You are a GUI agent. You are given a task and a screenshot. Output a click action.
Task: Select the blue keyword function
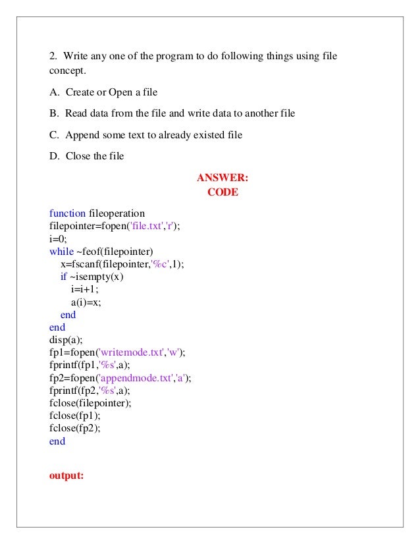[x=67, y=213]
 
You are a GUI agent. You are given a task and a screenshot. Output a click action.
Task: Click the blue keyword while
[x=61, y=251]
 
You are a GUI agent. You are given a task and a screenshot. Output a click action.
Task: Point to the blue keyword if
[x=64, y=277]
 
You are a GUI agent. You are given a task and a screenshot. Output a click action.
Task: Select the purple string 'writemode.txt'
[x=126, y=352]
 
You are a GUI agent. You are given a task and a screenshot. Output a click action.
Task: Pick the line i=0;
[x=58, y=238]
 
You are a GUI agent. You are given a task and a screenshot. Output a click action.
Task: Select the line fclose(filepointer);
[x=90, y=403]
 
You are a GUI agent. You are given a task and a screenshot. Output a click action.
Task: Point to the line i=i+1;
[x=84, y=289]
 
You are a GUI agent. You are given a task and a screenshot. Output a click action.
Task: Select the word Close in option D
[x=78, y=156]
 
